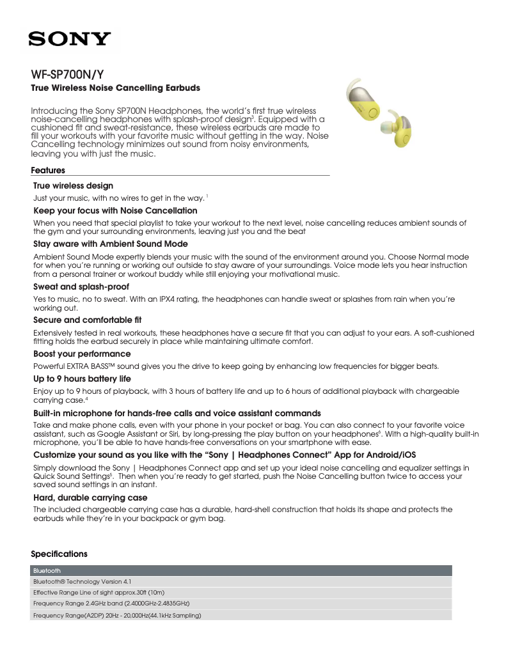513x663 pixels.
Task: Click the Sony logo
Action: (69, 39)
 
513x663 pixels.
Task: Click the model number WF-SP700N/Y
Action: (68, 74)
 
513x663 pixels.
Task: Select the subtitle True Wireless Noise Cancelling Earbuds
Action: (116, 88)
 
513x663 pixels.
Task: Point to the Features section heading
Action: (48, 171)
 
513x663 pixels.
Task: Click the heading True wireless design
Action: (73, 186)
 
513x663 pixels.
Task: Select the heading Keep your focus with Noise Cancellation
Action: (115, 210)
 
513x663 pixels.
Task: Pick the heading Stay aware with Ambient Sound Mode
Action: (110, 244)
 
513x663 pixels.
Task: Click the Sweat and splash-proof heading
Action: (81, 287)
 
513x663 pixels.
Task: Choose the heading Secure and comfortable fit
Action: (87, 320)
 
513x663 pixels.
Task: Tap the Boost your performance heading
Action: (82, 354)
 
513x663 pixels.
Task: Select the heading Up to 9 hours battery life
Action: (82, 379)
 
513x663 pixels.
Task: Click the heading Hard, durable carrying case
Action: (90, 497)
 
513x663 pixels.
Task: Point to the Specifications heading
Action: (59, 554)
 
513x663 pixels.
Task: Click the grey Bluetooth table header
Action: (242, 570)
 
